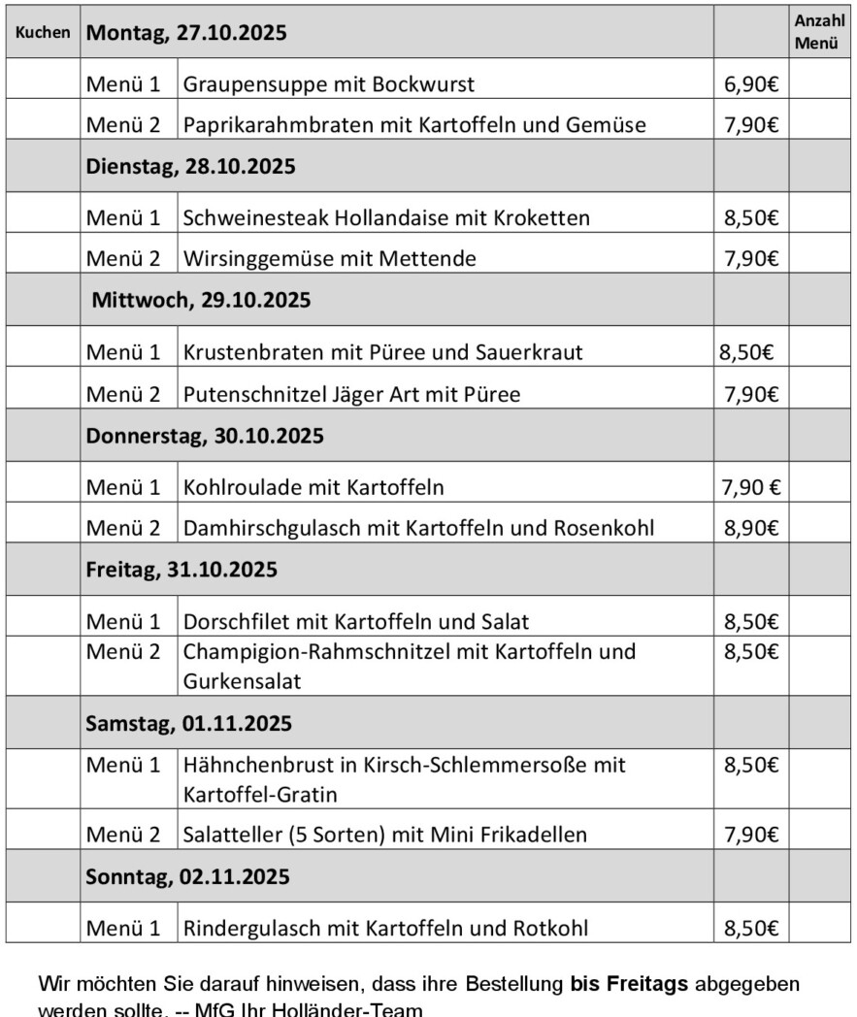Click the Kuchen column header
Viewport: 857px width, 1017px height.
coord(43,32)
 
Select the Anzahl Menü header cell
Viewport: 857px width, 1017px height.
coord(820,32)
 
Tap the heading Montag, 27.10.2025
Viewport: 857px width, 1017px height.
coord(187,32)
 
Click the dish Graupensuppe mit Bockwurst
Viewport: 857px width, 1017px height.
coord(329,84)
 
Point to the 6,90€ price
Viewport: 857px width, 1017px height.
coord(750,84)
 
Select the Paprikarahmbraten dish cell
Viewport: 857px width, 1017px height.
coord(414,125)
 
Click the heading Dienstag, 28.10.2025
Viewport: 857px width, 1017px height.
coord(191,166)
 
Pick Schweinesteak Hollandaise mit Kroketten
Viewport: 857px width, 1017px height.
coord(386,218)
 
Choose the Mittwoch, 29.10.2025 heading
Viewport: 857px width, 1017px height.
coord(201,300)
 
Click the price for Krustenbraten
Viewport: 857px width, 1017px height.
coord(745,352)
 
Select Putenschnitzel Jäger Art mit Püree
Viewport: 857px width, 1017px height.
coord(352,394)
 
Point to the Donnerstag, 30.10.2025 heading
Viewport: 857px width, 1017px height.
coord(205,436)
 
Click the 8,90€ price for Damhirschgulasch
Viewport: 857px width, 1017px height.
coord(750,528)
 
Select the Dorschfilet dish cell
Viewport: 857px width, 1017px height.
coord(356,621)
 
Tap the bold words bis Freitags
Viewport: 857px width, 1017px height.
coord(630,984)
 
